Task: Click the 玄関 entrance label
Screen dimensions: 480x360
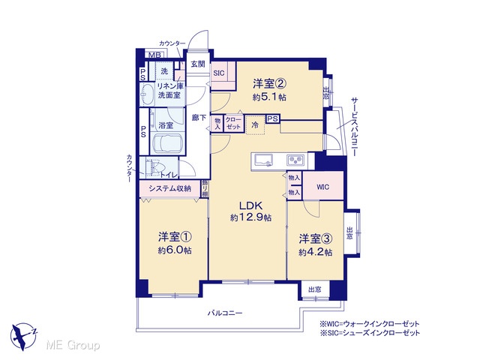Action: (x=198, y=64)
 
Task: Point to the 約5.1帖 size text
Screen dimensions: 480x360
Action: (x=269, y=97)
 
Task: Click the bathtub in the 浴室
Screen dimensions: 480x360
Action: (x=167, y=143)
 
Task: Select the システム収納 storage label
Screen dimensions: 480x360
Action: (x=170, y=188)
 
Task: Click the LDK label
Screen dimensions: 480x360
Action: (x=250, y=205)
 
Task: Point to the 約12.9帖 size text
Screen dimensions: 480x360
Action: (x=250, y=217)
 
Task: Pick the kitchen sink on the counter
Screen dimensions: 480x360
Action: (x=264, y=160)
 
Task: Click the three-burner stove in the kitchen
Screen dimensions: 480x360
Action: (x=295, y=160)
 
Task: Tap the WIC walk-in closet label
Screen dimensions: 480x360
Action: (x=323, y=187)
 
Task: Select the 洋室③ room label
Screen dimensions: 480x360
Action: (x=316, y=238)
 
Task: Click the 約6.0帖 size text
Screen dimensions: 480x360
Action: (x=175, y=250)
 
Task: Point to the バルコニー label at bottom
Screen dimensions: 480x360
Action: (x=225, y=313)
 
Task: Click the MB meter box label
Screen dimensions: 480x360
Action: (x=155, y=55)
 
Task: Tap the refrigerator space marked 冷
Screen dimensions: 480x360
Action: (x=255, y=125)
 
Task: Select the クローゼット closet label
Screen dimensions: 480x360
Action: (x=233, y=123)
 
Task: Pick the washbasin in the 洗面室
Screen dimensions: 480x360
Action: (x=148, y=94)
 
